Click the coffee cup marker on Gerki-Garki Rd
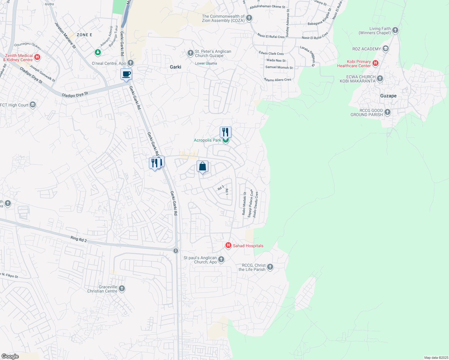[x=126, y=74]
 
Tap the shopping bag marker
[x=202, y=166]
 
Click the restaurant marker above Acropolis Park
[x=225, y=132]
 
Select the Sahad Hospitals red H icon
[x=228, y=246]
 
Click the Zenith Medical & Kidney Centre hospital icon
[x=37, y=57]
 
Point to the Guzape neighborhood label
[x=388, y=96]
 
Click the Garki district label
[x=175, y=67]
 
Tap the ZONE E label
[x=84, y=35]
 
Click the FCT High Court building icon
[x=33, y=105]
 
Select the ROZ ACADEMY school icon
[x=386, y=49]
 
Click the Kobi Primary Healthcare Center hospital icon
[x=375, y=63]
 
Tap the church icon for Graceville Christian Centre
[x=122, y=289]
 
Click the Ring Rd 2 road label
[x=79, y=239]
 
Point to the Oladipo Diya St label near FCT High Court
[x=75, y=94]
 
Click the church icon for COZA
[x=249, y=18]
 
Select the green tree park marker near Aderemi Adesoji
[x=98, y=52]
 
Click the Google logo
[x=10, y=356]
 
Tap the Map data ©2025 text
[x=436, y=358]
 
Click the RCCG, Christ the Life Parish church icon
[x=270, y=267]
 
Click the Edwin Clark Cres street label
[x=271, y=53]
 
